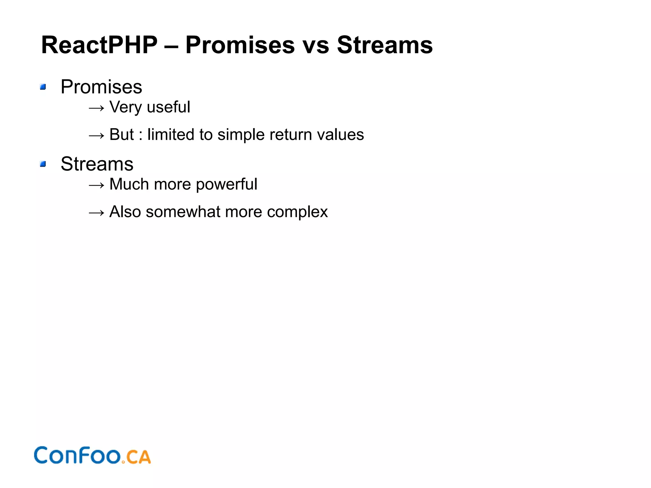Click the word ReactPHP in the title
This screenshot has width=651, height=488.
[x=99, y=45]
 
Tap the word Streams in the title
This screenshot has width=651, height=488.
[x=385, y=45]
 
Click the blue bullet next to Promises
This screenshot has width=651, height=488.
[x=43, y=87]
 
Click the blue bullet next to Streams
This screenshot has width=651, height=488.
[x=43, y=164]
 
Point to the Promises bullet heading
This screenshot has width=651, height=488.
[x=101, y=87]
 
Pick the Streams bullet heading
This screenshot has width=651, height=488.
[x=97, y=164]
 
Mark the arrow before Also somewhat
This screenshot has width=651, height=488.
[x=96, y=213]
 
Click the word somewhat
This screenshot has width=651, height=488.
[x=183, y=212]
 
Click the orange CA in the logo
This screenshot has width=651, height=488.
[x=138, y=457]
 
